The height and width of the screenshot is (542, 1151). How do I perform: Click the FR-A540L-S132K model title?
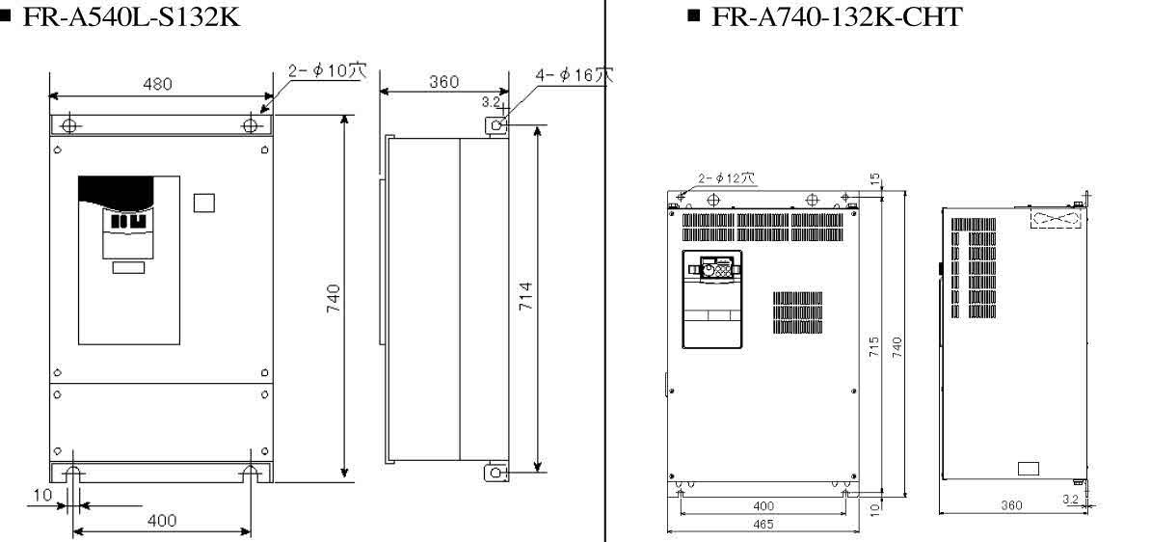tap(131, 16)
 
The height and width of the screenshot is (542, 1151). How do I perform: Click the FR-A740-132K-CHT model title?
tap(836, 16)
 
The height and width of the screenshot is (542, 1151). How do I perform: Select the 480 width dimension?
tap(158, 84)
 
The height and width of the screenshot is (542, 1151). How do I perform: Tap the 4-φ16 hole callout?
tap(575, 75)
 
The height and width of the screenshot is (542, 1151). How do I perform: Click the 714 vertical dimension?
tap(525, 296)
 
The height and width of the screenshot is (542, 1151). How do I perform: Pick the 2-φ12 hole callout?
tap(725, 177)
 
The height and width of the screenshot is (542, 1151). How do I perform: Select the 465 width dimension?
tap(763, 525)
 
